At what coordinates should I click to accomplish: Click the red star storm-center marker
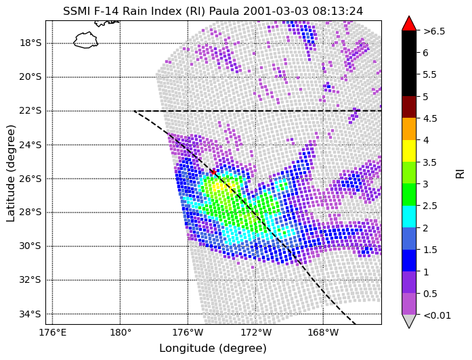(x=214, y=172)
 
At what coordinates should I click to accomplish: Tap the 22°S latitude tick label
(x=30, y=111)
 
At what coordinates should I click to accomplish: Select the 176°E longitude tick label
(x=53, y=333)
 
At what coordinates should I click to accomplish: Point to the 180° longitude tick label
(x=120, y=333)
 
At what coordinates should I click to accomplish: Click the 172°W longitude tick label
(x=256, y=333)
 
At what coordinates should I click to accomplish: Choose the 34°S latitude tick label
(x=30, y=314)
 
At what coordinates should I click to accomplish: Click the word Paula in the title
(x=224, y=11)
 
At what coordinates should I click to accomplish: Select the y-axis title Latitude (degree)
(x=11, y=173)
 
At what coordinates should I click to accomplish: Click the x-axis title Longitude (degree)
(x=213, y=348)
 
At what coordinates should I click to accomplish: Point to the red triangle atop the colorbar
(x=409, y=24)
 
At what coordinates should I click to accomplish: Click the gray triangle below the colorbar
(x=409, y=321)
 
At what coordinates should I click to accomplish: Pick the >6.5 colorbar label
(x=434, y=31)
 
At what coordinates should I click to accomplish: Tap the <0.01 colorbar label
(x=437, y=315)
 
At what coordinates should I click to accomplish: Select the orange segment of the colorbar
(x=409, y=129)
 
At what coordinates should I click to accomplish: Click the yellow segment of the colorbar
(x=409, y=151)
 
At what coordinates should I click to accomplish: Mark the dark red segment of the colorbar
(x=409, y=107)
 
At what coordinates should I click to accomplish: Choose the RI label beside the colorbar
(x=460, y=173)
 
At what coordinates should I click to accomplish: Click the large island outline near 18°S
(x=86, y=40)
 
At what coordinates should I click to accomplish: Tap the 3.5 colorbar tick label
(x=430, y=162)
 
